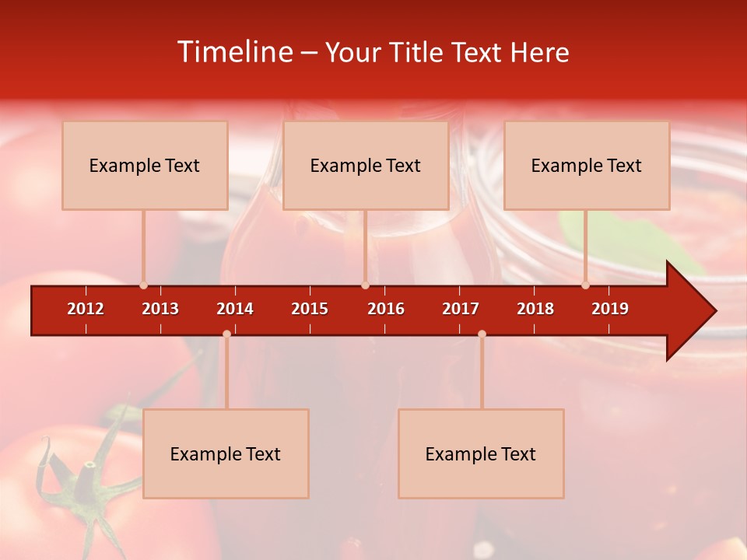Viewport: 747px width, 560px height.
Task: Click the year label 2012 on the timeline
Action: [x=86, y=309]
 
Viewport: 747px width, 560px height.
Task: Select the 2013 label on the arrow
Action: [x=160, y=309]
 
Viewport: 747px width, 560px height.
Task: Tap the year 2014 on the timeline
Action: [x=235, y=309]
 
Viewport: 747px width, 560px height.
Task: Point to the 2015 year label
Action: [x=310, y=309]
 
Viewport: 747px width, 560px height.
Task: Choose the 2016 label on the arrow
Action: [x=386, y=309]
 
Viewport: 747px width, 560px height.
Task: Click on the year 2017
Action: [x=461, y=309]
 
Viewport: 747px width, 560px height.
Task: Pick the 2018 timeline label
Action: [x=535, y=309]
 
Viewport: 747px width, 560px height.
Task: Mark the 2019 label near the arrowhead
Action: [x=610, y=309]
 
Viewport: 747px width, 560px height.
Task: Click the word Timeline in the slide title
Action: [x=233, y=52]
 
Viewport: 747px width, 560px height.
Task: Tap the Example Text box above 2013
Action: [x=145, y=165]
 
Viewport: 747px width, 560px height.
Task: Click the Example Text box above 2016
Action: [x=366, y=165]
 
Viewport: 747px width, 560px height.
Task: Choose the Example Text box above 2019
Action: [x=587, y=165]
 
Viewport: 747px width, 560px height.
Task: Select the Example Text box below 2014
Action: [x=226, y=453]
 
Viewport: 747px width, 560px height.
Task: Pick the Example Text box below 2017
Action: [x=481, y=453]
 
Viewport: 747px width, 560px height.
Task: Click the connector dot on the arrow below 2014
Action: [x=226, y=334]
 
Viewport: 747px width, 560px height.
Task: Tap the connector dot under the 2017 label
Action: [x=482, y=334]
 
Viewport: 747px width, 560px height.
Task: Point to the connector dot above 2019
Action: [x=586, y=285]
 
